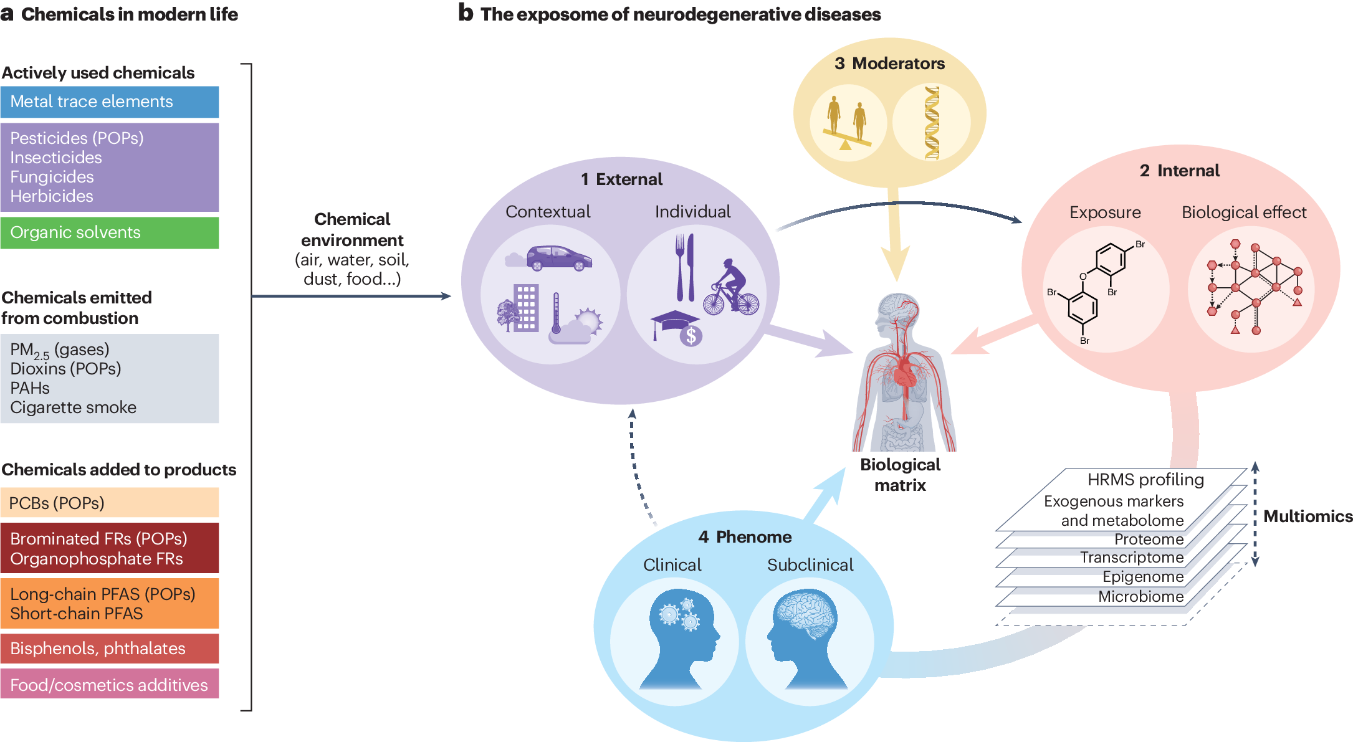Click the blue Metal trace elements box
[109, 102]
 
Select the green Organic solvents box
[109, 232]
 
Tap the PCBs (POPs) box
[109, 503]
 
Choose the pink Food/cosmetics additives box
[109, 685]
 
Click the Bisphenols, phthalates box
[109, 649]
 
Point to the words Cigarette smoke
[73, 407]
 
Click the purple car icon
[558, 257]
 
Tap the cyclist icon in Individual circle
[731, 288]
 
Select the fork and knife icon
[685, 267]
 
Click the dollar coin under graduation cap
[691, 336]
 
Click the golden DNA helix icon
[932, 123]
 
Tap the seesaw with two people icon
[847, 124]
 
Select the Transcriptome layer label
[1131, 558]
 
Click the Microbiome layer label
[1140, 597]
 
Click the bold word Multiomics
[1308, 516]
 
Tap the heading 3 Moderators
[889, 64]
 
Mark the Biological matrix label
[900, 475]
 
